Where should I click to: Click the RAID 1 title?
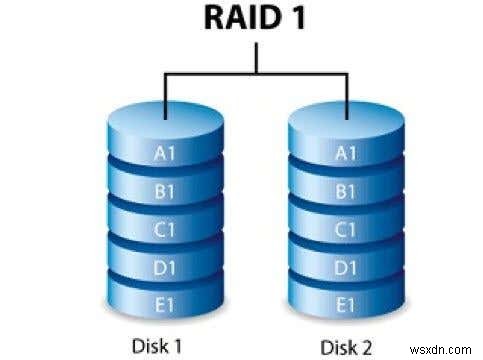(241, 21)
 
